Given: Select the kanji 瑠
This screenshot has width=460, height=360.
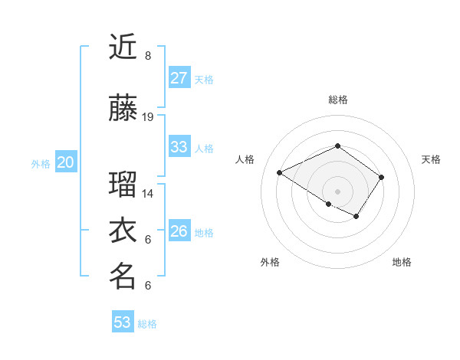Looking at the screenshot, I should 123,184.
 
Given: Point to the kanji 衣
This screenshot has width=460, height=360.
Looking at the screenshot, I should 123,230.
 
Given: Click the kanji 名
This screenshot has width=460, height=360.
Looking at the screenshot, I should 123,276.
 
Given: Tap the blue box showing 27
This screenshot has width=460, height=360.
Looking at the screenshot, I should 179,78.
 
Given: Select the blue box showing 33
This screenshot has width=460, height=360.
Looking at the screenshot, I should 179,147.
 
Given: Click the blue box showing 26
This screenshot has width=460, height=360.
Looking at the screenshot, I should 179,231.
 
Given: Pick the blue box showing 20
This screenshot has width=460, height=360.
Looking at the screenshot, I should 65,162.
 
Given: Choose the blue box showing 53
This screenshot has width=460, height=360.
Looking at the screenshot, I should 123,322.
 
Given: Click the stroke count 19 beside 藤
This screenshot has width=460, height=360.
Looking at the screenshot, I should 148,117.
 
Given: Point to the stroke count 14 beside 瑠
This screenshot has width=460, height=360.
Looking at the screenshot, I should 148,194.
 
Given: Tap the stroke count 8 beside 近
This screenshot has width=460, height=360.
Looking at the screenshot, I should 148,56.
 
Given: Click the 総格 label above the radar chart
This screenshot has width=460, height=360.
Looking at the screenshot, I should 337,100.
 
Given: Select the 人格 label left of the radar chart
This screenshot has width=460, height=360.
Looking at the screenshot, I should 245,159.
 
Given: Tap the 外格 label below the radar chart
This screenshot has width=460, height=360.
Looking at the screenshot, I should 270,262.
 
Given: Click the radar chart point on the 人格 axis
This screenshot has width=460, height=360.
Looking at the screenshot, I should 280,172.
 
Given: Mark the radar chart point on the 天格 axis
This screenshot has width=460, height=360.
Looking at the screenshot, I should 381,177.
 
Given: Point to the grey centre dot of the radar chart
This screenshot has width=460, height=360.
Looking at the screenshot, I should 337,191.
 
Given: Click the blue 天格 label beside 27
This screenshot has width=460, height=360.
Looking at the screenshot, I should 204,80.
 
